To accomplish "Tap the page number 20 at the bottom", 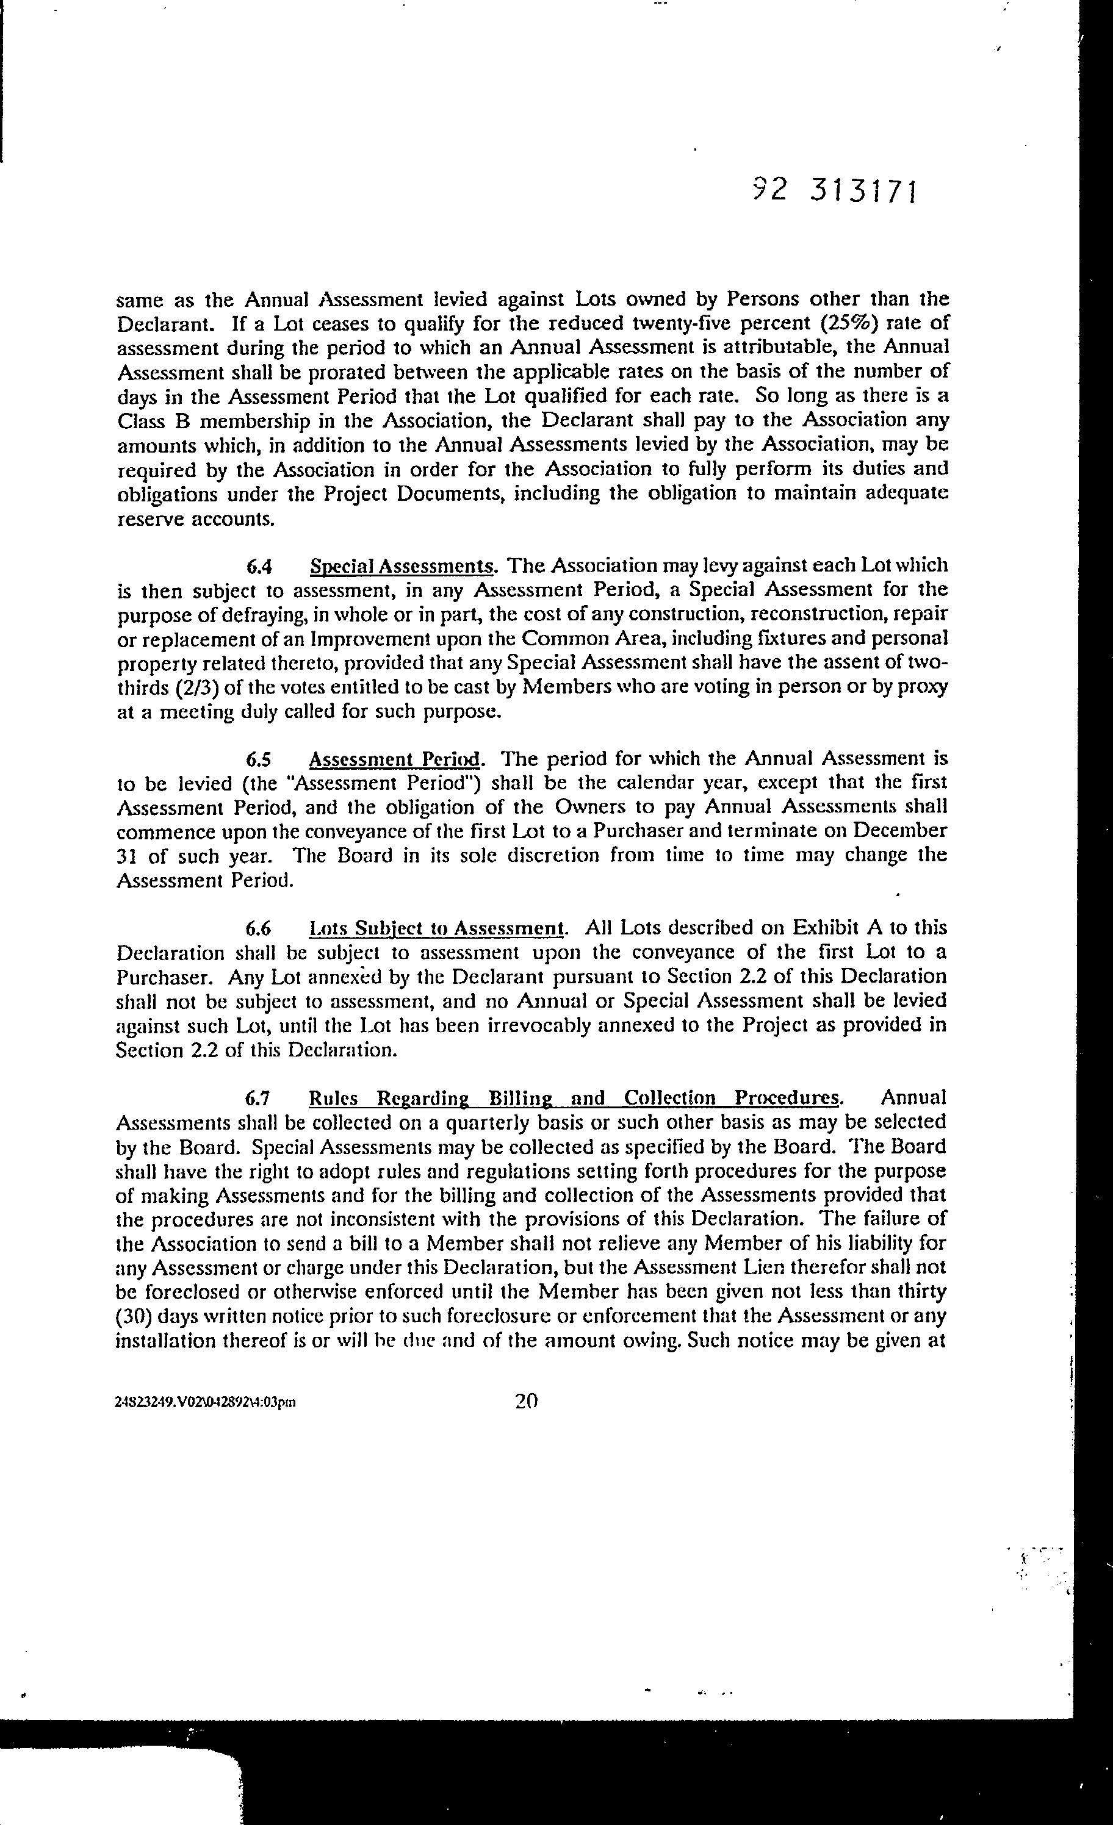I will [x=525, y=1400].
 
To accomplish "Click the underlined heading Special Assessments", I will [x=402, y=567].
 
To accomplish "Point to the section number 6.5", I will [x=260, y=759].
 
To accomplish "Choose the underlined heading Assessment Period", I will [x=395, y=759].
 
